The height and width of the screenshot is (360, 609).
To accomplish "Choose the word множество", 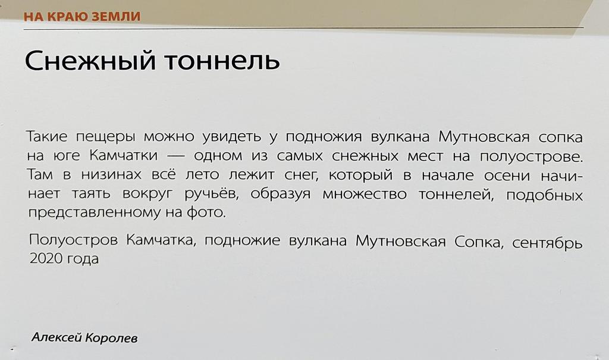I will pos(362,194).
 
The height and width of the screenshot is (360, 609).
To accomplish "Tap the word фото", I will pos(210,213).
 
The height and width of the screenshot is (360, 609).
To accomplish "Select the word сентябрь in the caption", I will pos(547,243).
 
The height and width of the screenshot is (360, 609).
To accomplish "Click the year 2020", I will pos(45,260).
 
